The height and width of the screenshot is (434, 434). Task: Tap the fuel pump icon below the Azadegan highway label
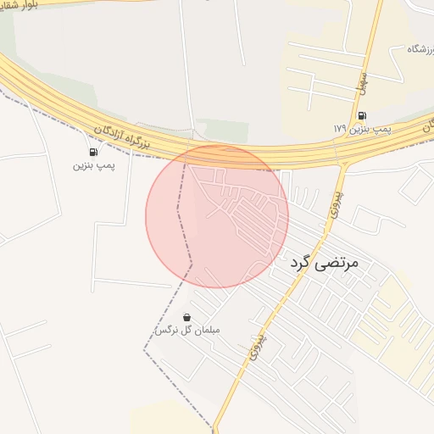(x=92, y=152)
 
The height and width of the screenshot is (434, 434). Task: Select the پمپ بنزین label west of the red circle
(x=92, y=165)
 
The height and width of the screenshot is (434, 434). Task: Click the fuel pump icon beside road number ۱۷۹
(x=363, y=115)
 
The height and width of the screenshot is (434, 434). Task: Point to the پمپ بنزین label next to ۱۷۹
(x=372, y=128)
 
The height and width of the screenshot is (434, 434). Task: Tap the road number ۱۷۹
(x=340, y=128)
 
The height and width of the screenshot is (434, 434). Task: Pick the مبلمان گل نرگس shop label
(x=186, y=330)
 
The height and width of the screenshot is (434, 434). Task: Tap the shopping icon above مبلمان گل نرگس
(x=186, y=317)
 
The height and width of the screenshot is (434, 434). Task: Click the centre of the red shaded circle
(x=217, y=216)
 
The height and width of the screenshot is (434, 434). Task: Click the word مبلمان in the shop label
(x=203, y=330)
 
